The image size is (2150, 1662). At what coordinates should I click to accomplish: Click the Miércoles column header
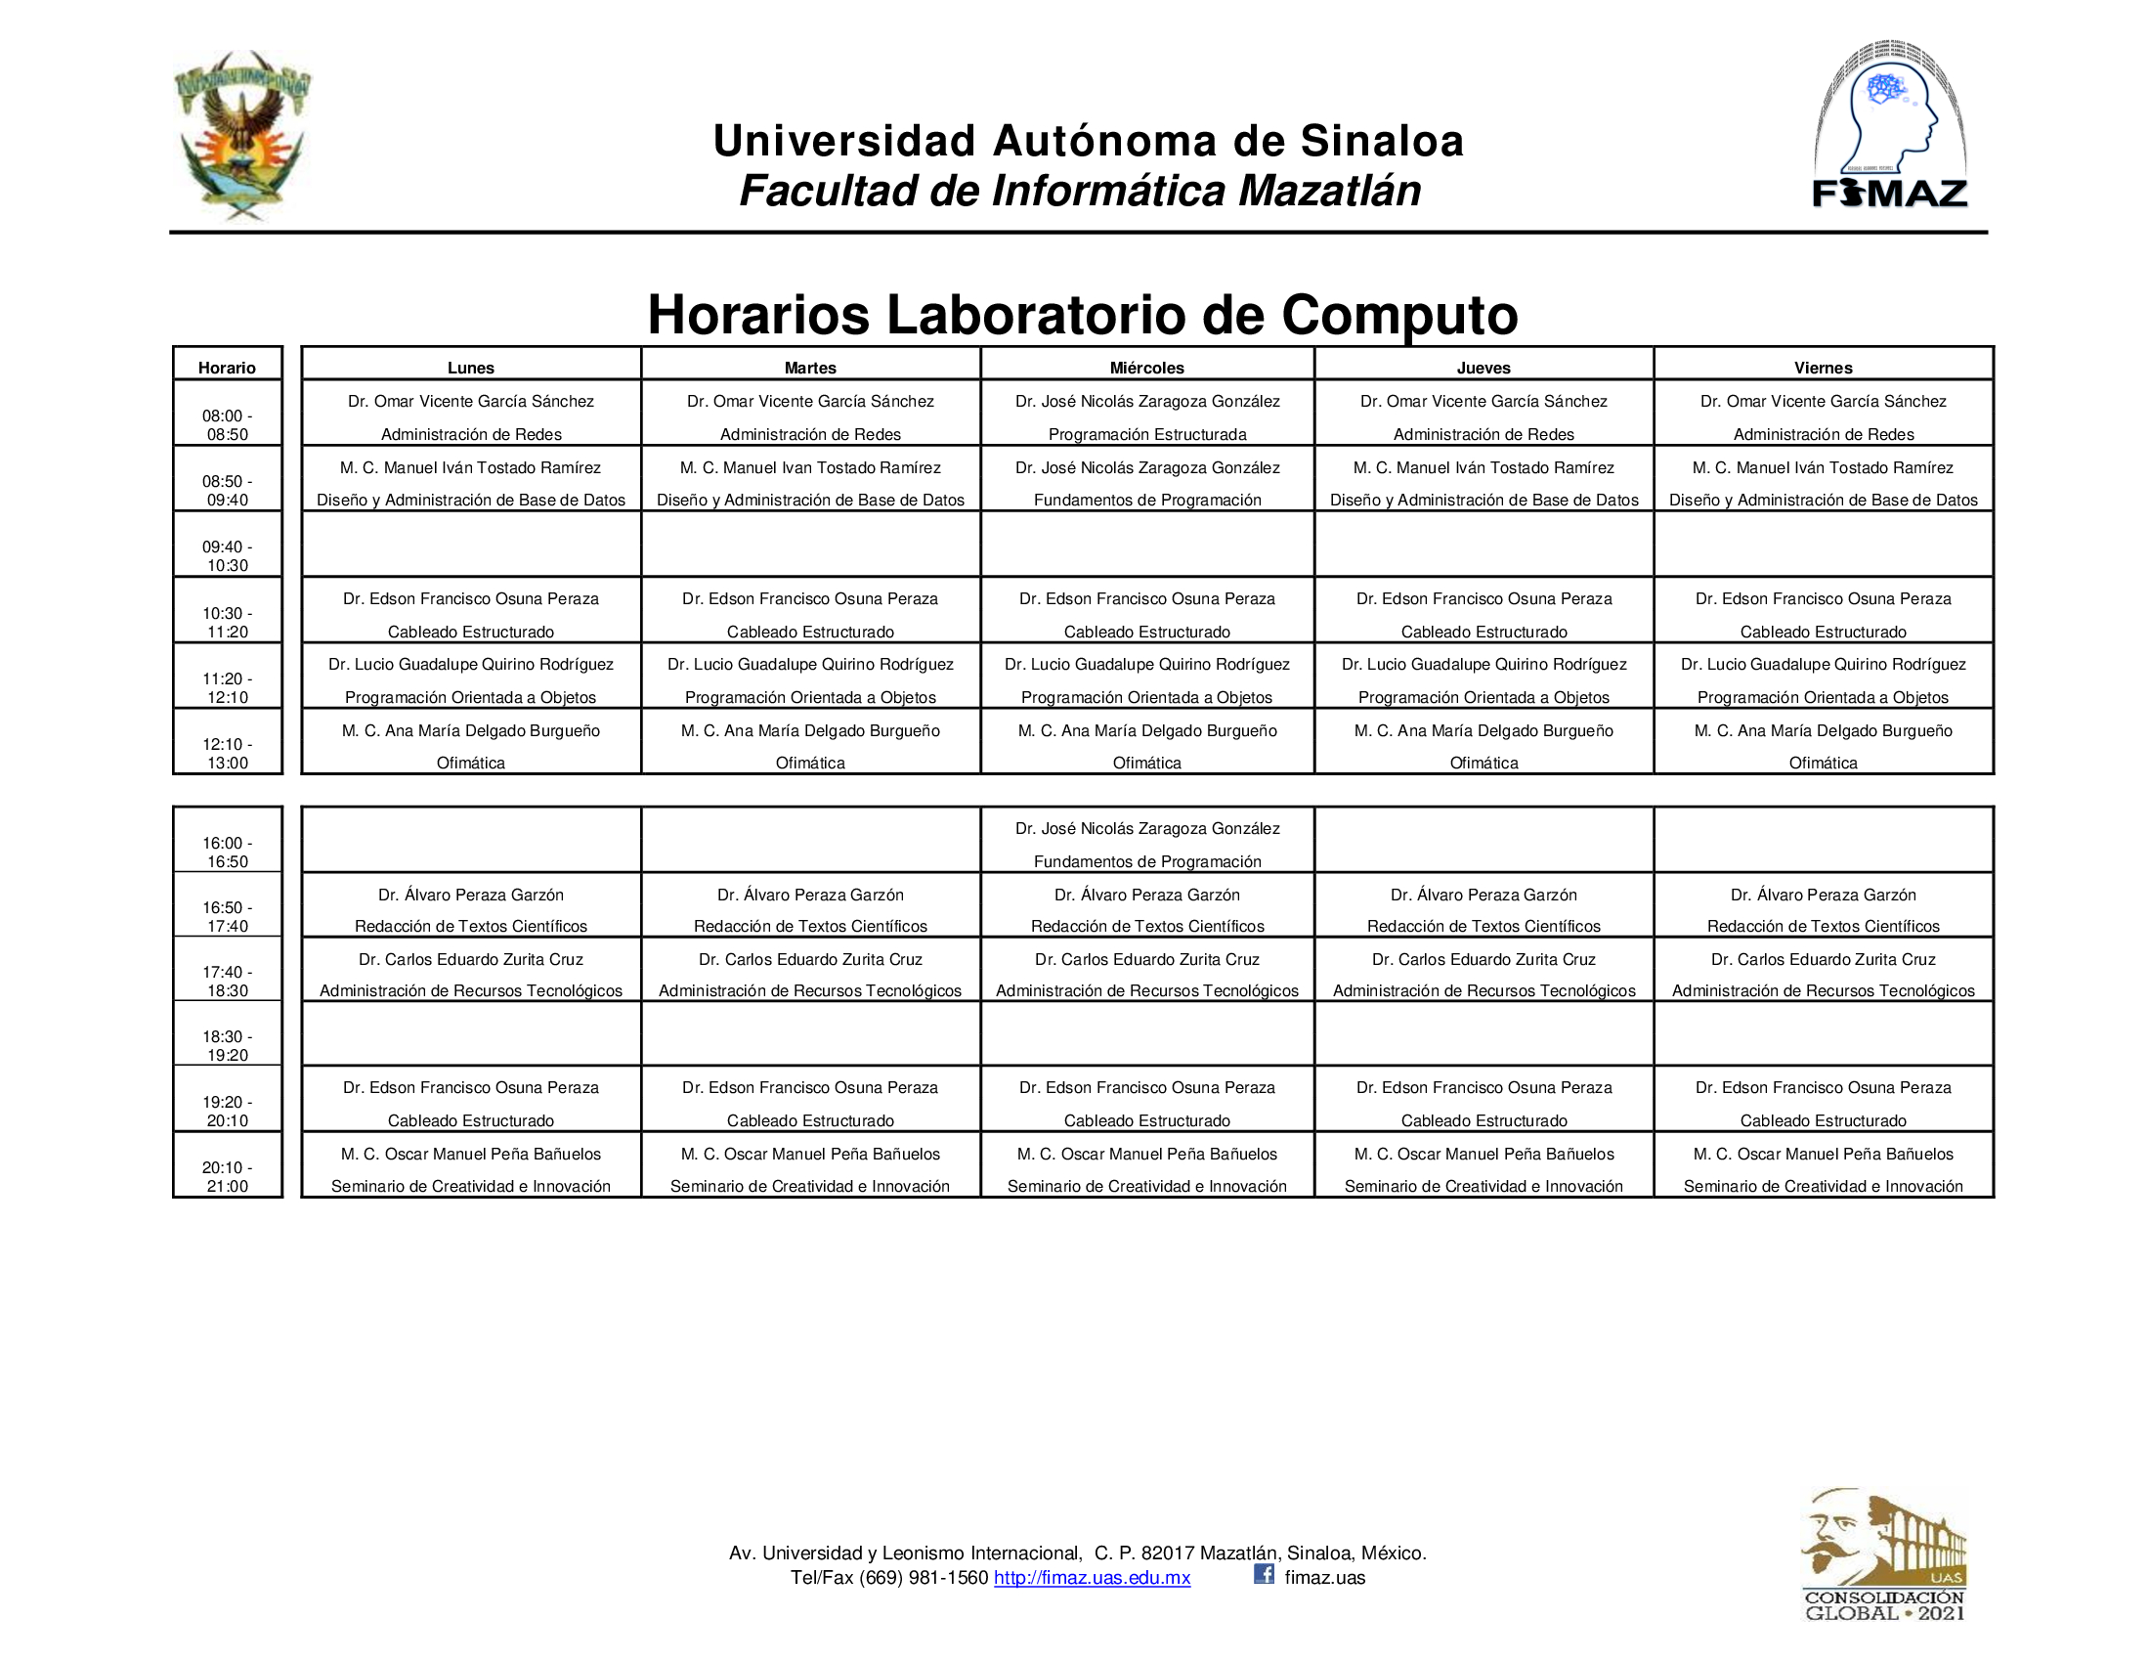1147,368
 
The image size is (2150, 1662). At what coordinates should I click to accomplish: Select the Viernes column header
1823,368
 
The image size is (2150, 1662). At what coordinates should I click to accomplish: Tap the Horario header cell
227,368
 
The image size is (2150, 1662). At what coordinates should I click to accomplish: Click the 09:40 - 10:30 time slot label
228,556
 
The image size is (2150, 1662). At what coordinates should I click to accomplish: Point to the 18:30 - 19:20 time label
228,1046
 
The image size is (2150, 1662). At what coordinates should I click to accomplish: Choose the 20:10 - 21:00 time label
228,1176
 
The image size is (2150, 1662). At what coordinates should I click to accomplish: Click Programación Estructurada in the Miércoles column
1147,434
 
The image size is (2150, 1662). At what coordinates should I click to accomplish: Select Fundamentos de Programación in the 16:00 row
1147,861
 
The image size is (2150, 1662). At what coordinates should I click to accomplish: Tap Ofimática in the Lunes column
471,764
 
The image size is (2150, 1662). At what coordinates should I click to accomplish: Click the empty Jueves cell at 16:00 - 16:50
1483,840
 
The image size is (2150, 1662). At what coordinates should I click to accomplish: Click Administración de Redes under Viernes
1824,434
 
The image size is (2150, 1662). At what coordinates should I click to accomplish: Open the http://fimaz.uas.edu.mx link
1092,1578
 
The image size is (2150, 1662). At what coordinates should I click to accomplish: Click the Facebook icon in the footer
1264,1574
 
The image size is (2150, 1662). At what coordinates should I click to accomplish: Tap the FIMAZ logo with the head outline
1889,126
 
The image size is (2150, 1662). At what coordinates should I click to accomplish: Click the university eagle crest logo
242,134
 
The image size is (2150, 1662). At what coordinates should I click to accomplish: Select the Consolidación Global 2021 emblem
1884,1554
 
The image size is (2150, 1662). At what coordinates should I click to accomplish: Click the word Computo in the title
1398,315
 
